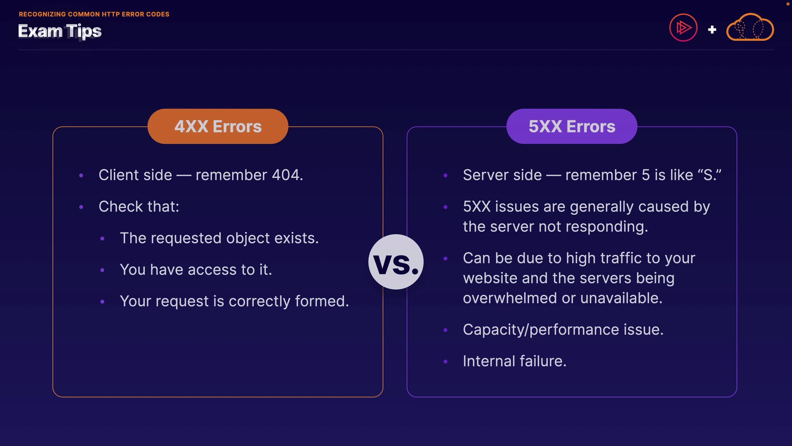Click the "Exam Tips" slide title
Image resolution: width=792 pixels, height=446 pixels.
click(60, 31)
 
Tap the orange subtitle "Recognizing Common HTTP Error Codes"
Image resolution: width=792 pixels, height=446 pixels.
click(94, 14)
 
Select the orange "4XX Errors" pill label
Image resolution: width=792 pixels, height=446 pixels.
click(218, 126)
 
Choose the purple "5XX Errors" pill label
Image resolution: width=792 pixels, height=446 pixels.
click(572, 126)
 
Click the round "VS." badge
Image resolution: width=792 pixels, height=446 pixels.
click(396, 262)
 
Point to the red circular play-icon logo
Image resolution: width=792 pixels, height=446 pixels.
click(683, 28)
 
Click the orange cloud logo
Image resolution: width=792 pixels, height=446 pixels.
click(750, 28)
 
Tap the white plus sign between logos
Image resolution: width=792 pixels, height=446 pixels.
click(712, 30)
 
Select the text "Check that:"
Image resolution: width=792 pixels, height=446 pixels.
click(139, 206)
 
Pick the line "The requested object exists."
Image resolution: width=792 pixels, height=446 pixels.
click(219, 238)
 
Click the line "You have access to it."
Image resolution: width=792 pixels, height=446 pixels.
click(196, 270)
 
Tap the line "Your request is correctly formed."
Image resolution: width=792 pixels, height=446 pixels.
click(234, 301)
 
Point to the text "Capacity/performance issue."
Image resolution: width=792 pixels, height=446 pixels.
click(563, 330)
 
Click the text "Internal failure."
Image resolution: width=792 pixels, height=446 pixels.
click(514, 361)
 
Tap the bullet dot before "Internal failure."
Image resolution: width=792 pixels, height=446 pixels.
click(445, 362)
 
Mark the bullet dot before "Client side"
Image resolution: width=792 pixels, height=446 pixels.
click(81, 176)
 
